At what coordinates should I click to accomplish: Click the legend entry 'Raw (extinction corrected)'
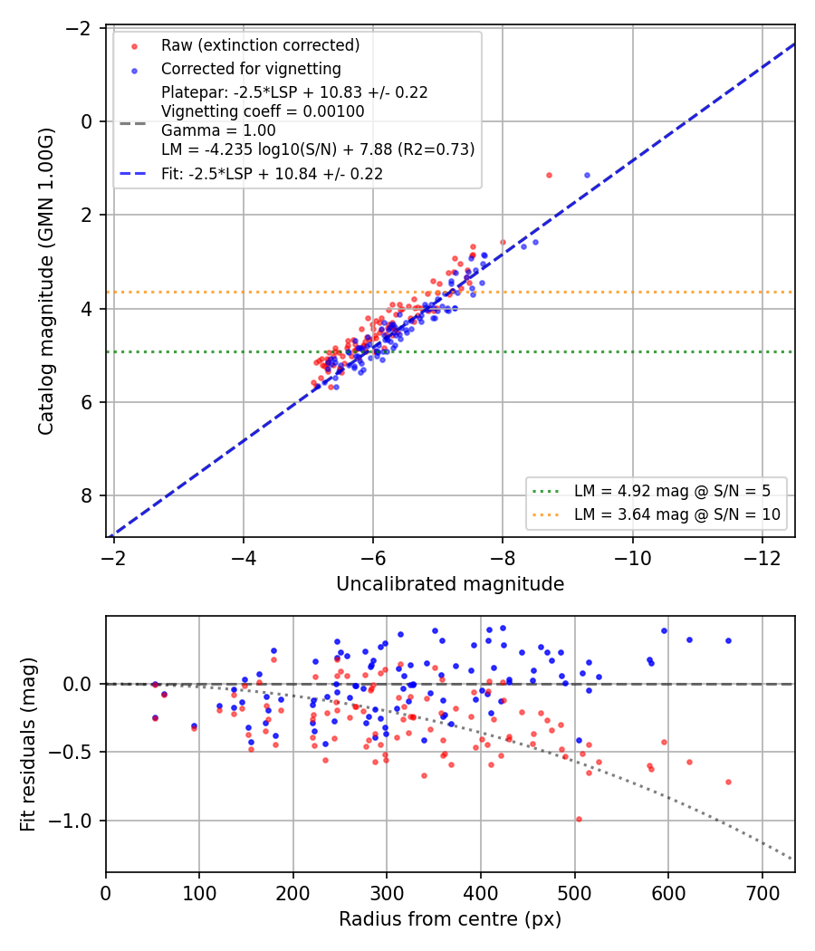click(260, 45)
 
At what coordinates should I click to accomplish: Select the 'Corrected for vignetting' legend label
click(251, 69)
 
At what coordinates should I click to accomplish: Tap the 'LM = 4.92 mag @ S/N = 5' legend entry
click(672, 491)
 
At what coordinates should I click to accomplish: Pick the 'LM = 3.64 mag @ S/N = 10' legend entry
click(677, 514)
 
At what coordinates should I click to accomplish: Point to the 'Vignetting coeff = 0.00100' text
click(264, 111)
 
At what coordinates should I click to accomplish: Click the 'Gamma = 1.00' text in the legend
click(218, 130)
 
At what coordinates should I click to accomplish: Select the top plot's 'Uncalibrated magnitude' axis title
click(450, 584)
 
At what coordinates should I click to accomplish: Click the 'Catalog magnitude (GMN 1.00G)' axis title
click(46, 282)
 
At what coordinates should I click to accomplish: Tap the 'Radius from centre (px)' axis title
click(450, 919)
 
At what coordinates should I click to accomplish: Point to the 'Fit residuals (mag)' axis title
click(28, 744)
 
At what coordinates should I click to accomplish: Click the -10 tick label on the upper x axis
click(632, 558)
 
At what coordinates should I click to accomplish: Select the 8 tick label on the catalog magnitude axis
click(87, 495)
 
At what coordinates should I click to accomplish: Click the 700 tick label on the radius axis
click(762, 893)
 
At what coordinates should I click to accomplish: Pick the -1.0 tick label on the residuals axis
click(70, 821)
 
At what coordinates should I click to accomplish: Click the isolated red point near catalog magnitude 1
click(550, 176)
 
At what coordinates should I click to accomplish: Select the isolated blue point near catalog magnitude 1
click(587, 176)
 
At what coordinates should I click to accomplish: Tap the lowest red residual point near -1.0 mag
click(580, 820)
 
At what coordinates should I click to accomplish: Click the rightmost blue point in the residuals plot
click(728, 641)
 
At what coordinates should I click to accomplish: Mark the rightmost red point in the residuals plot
click(728, 783)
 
